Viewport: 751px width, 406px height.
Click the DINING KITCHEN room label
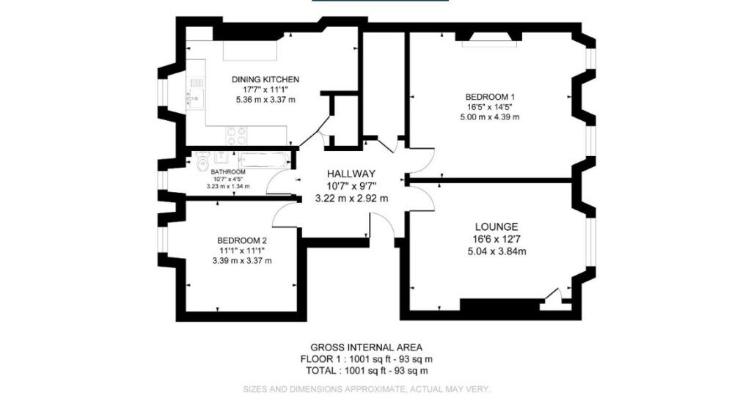265,79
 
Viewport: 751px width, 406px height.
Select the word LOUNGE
496,227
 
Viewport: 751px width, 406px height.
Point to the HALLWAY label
351,174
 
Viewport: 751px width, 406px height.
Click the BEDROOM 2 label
241,240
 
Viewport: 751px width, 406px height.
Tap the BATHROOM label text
227,171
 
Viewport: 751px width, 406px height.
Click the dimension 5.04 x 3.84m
497,252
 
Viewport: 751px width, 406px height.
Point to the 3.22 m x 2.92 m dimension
351,198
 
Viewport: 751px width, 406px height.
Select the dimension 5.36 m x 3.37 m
265,100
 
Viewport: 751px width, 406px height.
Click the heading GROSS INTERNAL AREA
366,347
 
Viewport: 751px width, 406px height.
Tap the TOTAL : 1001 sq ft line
366,371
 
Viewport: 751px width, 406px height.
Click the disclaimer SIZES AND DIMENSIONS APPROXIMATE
366,389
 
